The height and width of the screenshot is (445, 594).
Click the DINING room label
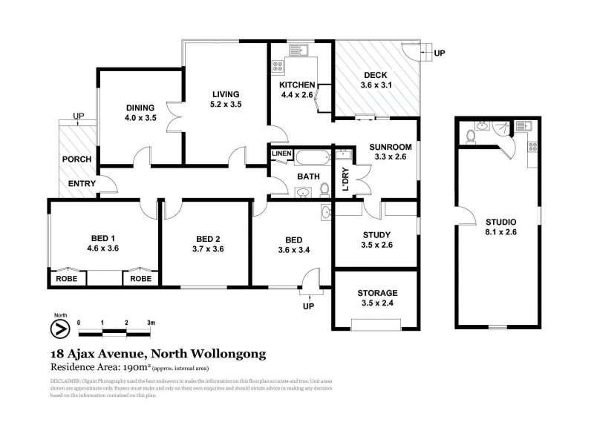pyautogui.click(x=140, y=107)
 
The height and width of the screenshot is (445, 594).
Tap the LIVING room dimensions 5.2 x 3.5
pyautogui.click(x=225, y=105)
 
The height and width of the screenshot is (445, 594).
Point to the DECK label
pyautogui.click(x=376, y=74)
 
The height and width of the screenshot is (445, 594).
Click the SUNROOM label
pyautogui.click(x=389, y=148)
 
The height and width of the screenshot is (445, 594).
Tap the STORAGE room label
pyautogui.click(x=377, y=293)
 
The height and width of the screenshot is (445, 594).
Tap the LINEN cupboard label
pyautogui.click(x=280, y=154)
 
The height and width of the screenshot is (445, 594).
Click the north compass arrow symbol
pyautogui.click(x=57, y=328)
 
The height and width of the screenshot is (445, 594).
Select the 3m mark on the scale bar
pyautogui.click(x=150, y=323)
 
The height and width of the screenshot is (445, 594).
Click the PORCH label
pyautogui.click(x=76, y=159)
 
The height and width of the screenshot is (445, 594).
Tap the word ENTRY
pyautogui.click(x=80, y=184)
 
